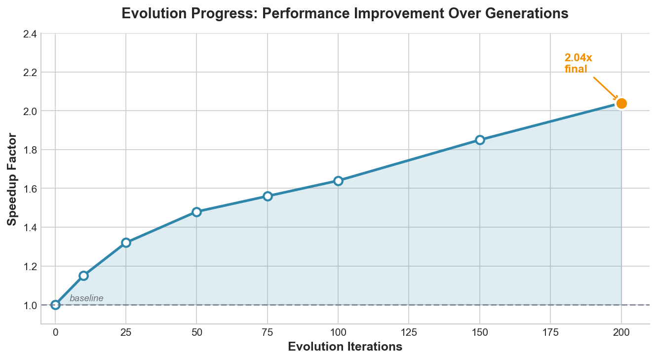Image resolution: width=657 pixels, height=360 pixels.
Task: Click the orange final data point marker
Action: (621, 103)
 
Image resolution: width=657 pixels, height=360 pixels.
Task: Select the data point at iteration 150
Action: (480, 140)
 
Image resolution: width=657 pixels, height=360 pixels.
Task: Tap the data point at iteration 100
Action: (338, 181)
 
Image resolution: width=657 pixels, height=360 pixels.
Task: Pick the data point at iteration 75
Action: (268, 196)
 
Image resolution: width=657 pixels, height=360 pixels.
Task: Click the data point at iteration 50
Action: (196, 212)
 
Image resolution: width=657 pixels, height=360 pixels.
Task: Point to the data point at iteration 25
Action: (126, 242)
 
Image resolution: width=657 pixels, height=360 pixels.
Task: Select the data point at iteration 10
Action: (83, 276)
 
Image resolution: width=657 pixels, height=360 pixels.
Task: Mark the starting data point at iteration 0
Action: (55, 305)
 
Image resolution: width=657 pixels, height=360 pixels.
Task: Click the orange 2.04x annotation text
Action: (578, 58)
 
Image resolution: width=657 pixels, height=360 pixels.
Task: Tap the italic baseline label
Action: (86, 298)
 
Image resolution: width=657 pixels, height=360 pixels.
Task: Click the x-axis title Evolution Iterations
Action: (345, 347)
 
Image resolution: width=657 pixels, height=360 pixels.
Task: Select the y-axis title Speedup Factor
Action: (12, 179)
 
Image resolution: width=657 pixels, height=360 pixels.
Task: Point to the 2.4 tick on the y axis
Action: (29, 34)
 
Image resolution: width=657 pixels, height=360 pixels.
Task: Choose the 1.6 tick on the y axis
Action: (29, 189)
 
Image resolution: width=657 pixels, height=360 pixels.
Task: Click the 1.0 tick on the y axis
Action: (29, 305)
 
